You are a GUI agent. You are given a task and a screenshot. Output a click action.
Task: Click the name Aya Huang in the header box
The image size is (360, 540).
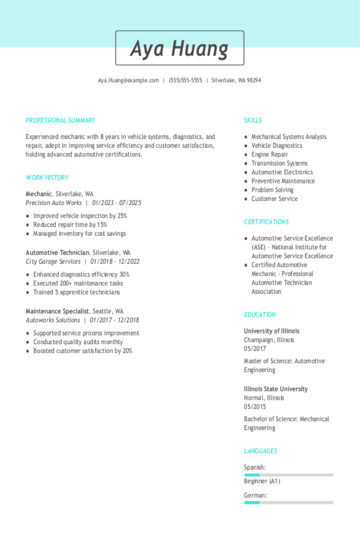coord(180,48)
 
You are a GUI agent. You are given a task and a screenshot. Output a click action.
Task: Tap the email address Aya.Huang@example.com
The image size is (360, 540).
coord(128,80)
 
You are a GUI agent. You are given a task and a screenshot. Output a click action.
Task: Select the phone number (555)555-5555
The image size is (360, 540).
coord(185,80)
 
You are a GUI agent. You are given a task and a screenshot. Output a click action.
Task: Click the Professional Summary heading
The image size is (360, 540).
coord(60,120)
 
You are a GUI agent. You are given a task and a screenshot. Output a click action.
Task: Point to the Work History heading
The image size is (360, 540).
coord(47,178)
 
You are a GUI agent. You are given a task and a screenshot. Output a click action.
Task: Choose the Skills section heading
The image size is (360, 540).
coord(253,120)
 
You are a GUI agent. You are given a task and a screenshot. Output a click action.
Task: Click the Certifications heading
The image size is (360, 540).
coord(266,222)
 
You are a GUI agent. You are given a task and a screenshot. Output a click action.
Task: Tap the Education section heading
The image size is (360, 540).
coord(260,315)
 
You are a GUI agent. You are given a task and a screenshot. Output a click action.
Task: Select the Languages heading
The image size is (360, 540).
coord(260,451)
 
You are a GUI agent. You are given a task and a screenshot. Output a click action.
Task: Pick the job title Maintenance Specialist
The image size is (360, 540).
coord(57,311)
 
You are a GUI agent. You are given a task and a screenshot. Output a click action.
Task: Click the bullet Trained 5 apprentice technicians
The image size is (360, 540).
coord(76,292)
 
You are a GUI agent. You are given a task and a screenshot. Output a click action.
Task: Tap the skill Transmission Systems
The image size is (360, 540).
coord(279,163)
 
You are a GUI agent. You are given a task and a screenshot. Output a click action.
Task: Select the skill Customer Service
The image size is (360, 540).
coord(274,199)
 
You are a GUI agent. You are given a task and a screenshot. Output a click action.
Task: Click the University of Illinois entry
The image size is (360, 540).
coord(271,331)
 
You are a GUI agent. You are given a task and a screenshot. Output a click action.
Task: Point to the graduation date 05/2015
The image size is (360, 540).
coord(255,407)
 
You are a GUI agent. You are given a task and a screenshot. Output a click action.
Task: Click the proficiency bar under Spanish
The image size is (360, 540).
coord(288,475)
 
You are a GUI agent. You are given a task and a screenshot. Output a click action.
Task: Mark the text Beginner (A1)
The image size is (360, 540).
coord(262,481)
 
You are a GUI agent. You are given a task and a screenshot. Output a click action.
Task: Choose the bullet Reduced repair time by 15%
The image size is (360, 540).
coord(70,225)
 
